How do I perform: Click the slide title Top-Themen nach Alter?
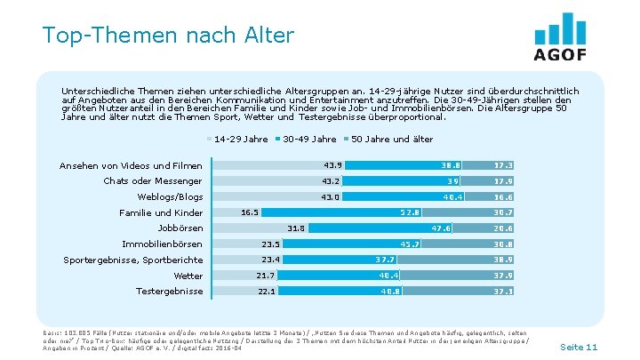[x=167, y=35]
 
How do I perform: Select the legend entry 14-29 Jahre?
[x=240, y=139]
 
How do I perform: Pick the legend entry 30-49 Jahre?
[x=308, y=139]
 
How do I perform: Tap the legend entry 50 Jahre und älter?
[x=392, y=139]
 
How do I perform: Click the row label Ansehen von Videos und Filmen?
[x=131, y=165]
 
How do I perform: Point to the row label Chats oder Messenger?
[x=153, y=181]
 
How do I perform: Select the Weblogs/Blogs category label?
[x=170, y=196]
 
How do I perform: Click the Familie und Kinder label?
[x=161, y=212]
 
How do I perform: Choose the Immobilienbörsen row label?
[x=162, y=244]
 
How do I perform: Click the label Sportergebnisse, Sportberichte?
[x=133, y=260]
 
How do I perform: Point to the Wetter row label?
[x=188, y=276]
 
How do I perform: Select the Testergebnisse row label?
[x=169, y=292]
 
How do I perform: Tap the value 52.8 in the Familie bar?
[x=410, y=212]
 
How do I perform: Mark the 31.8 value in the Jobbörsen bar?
[x=296, y=228]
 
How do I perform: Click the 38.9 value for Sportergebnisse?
[x=502, y=260]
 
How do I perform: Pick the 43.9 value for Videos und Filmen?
[x=333, y=165]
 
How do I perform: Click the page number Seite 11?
[x=579, y=346]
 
